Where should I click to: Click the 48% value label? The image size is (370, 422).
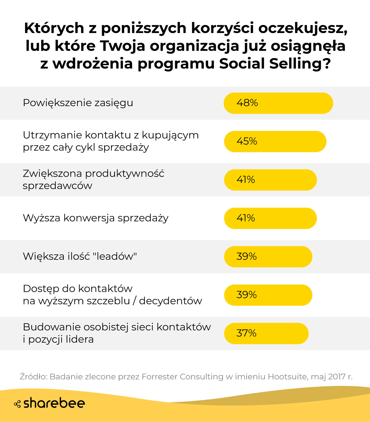pos(247,103)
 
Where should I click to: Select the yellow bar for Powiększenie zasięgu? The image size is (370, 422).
pos(293,103)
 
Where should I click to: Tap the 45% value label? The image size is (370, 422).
pos(247,141)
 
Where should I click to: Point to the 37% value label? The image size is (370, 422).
pos(246,333)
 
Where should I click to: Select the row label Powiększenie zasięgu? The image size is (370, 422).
pos(78,103)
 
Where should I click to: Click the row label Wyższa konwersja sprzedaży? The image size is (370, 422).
pos(96,218)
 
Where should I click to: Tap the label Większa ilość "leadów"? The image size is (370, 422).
pos(80,256)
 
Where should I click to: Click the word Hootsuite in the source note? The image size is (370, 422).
pos(287,377)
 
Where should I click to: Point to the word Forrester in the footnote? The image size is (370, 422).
pos(160,377)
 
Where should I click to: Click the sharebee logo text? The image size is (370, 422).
pos(54,403)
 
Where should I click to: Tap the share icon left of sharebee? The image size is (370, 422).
pos(17,404)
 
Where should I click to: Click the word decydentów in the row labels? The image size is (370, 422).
pos(171,301)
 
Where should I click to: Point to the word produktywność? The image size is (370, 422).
pos(125,174)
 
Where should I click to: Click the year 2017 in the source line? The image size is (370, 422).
pos(336,377)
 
